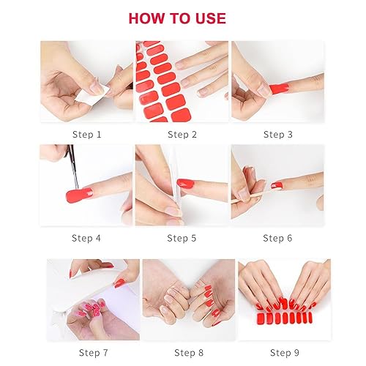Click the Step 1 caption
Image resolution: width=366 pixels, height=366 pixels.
87,134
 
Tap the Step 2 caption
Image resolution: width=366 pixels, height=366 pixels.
182,134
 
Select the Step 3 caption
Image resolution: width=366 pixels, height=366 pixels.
278,134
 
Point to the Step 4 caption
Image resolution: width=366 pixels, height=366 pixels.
87,238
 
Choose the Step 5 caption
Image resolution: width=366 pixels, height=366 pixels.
182,238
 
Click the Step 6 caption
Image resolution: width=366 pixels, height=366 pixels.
278,238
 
